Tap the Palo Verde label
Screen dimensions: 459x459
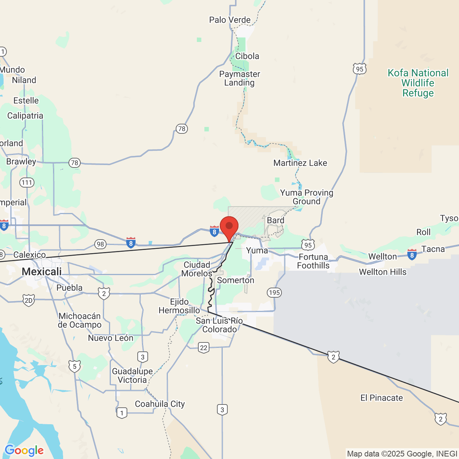230,20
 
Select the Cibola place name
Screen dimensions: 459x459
247,56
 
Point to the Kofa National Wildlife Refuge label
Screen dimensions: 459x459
418,83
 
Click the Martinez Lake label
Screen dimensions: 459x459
300,163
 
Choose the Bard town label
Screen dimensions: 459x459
275,221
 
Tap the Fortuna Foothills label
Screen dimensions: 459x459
313,261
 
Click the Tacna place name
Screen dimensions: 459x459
433,249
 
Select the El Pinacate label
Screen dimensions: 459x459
382,398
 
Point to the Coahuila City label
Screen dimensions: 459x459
160,404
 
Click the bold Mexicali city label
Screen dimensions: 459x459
42,272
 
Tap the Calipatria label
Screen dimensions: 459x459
25,116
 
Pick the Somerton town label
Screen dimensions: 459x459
236,280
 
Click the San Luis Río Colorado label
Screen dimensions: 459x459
219,325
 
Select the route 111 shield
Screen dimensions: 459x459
27,183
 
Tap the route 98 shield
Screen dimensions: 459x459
100,245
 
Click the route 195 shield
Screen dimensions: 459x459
274,293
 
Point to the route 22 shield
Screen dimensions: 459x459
204,347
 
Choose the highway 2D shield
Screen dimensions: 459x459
28,300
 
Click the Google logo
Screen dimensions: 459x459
24,450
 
